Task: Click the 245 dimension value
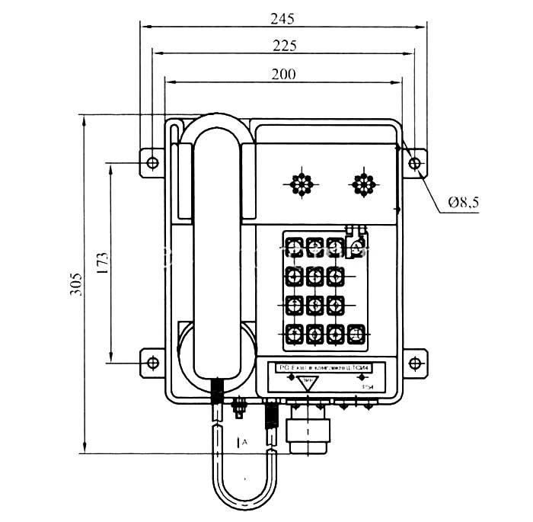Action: [282, 16]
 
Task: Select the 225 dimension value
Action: [282, 45]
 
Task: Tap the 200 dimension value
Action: [282, 73]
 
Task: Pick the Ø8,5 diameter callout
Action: [464, 203]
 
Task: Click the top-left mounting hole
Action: [152, 163]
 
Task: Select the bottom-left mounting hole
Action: [152, 363]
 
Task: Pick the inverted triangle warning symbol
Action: [306, 383]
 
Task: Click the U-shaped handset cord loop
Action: [244, 488]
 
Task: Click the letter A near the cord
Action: [244, 441]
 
